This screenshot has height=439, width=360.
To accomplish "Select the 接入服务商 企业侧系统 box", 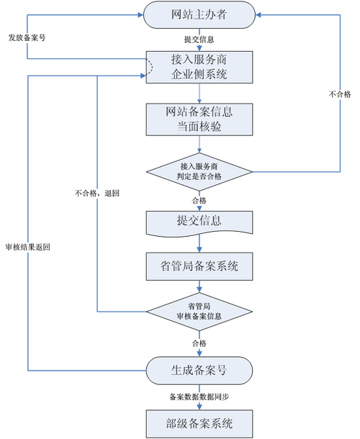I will point(199,66).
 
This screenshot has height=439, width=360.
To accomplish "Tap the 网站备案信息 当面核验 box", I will point(199,119).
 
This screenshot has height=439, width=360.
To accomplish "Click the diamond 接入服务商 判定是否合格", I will point(199,171).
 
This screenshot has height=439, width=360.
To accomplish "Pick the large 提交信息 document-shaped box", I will point(199,220).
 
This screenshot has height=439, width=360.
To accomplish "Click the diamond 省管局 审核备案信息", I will point(199,312).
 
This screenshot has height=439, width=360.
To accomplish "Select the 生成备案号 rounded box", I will point(199,371).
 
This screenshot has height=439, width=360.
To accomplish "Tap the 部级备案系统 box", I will point(199,421).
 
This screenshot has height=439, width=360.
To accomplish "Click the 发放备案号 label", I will point(27,37).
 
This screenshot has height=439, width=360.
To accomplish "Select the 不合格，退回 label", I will point(96,194).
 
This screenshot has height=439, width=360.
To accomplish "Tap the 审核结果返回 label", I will point(27,246).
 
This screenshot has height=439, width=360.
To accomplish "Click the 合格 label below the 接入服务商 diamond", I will point(199,199).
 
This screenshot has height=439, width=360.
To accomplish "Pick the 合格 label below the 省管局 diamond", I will point(199,344).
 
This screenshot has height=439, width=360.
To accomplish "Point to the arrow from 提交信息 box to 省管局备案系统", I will point(199,245).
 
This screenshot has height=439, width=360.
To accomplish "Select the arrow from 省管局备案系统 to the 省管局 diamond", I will point(199,287).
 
